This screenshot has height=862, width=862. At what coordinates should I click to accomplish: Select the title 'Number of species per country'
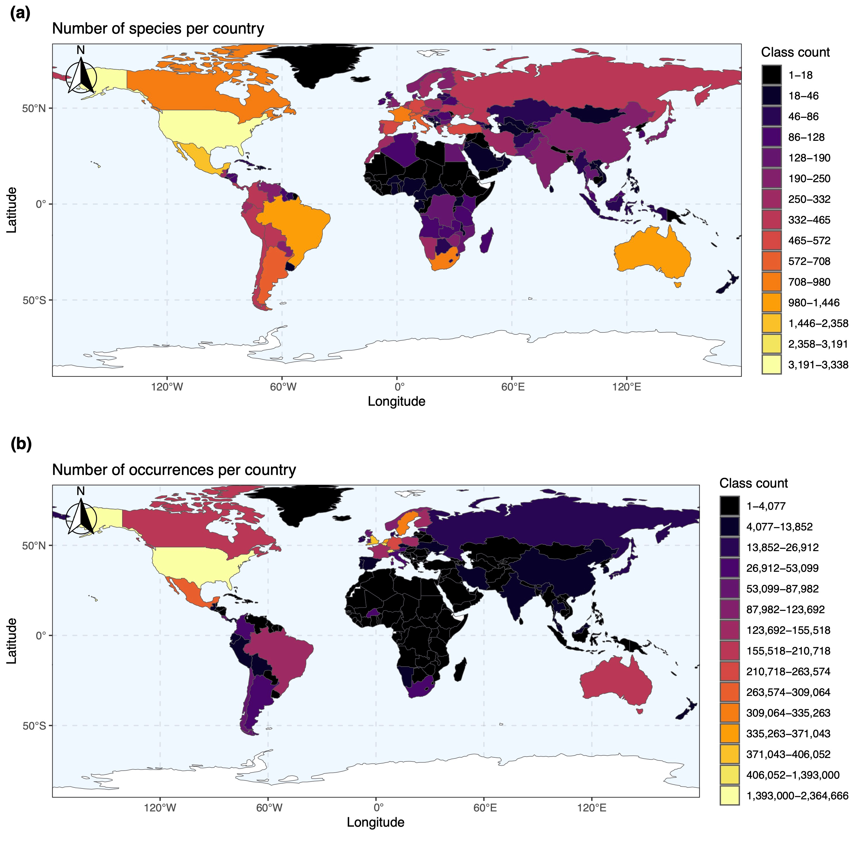(x=158, y=28)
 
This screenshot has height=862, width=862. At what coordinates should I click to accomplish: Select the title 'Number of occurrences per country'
(x=174, y=470)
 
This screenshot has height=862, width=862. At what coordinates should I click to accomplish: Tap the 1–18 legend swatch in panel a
(x=771, y=75)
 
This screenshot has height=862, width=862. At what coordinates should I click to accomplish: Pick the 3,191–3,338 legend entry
(x=771, y=365)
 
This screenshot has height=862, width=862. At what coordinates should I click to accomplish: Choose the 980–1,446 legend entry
(x=771, y=303)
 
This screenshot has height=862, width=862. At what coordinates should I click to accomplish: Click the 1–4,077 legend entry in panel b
(x=730, y=506)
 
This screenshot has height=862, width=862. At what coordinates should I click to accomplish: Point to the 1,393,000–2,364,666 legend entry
(x=730, y=796)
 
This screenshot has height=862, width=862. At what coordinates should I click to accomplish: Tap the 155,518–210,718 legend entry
(x=730, y=651)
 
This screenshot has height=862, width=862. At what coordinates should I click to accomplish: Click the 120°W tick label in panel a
(x=167, y=387)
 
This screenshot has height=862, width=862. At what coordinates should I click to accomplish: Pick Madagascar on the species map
(x=488, y=240)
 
